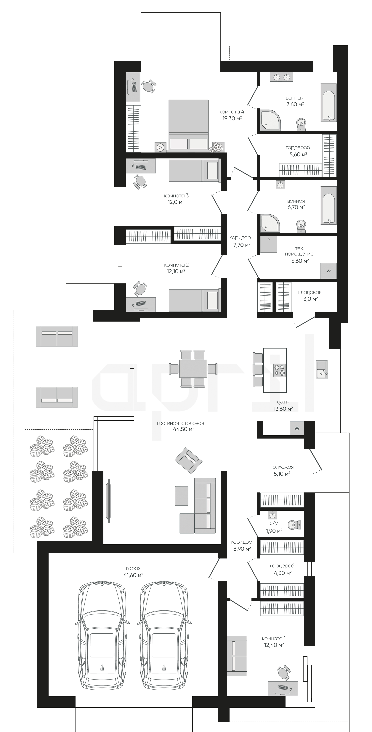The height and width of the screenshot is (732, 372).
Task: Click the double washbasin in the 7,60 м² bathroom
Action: [281, 77]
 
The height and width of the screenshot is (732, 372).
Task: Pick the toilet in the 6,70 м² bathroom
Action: [301, 226]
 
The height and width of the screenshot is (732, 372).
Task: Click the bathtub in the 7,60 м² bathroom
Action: [329, 102]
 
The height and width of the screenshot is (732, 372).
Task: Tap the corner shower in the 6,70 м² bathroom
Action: [269, 223]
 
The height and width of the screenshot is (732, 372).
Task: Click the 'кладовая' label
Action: [310, 292]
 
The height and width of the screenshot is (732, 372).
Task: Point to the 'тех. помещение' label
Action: [299, 251]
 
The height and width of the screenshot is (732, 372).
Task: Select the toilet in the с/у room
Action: [294, 524]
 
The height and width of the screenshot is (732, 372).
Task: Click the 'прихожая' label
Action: [282, 467]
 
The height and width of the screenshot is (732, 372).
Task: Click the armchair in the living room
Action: [188, 460]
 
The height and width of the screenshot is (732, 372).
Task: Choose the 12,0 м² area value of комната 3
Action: [176, 202]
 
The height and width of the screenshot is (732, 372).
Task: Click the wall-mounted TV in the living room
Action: [108, 501]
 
